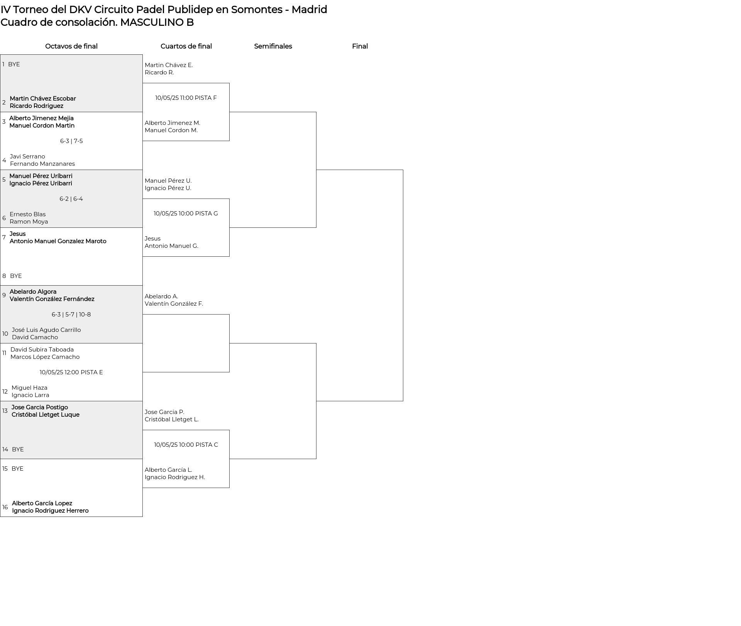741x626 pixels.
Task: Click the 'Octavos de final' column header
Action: [x=71, y=46]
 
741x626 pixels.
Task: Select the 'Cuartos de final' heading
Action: [x=186, y=46]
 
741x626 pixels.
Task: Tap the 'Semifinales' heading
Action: [x=273, y=46]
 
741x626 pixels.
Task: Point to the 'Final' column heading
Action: [x=360, y=46]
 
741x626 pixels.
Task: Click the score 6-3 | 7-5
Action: [x=71, y=141]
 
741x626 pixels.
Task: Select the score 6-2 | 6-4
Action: [x=71, y=199]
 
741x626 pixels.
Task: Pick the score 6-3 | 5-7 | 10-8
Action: [x=71, y=315]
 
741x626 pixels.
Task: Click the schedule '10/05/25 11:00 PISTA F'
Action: [x=186, y=98]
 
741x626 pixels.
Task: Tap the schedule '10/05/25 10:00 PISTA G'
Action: [x=186, y=214]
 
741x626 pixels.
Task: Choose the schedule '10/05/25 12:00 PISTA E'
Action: [x=71, y=372]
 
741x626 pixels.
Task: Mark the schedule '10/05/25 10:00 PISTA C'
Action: [x=186, y=445]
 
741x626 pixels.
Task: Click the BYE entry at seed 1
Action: [x=14, y=64]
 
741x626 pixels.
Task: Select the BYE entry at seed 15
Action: [x=17, y=469]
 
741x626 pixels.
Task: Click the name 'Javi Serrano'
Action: [x=27, y=156]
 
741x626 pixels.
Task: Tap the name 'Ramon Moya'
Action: [x=29, y=222]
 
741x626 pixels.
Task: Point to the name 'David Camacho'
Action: [x=35, y=337]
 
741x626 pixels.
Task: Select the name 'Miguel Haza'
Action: [x=29, y=388]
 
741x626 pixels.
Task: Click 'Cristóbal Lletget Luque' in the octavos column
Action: [x=46, y=415]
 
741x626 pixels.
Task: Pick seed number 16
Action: [x=5, y=507]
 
